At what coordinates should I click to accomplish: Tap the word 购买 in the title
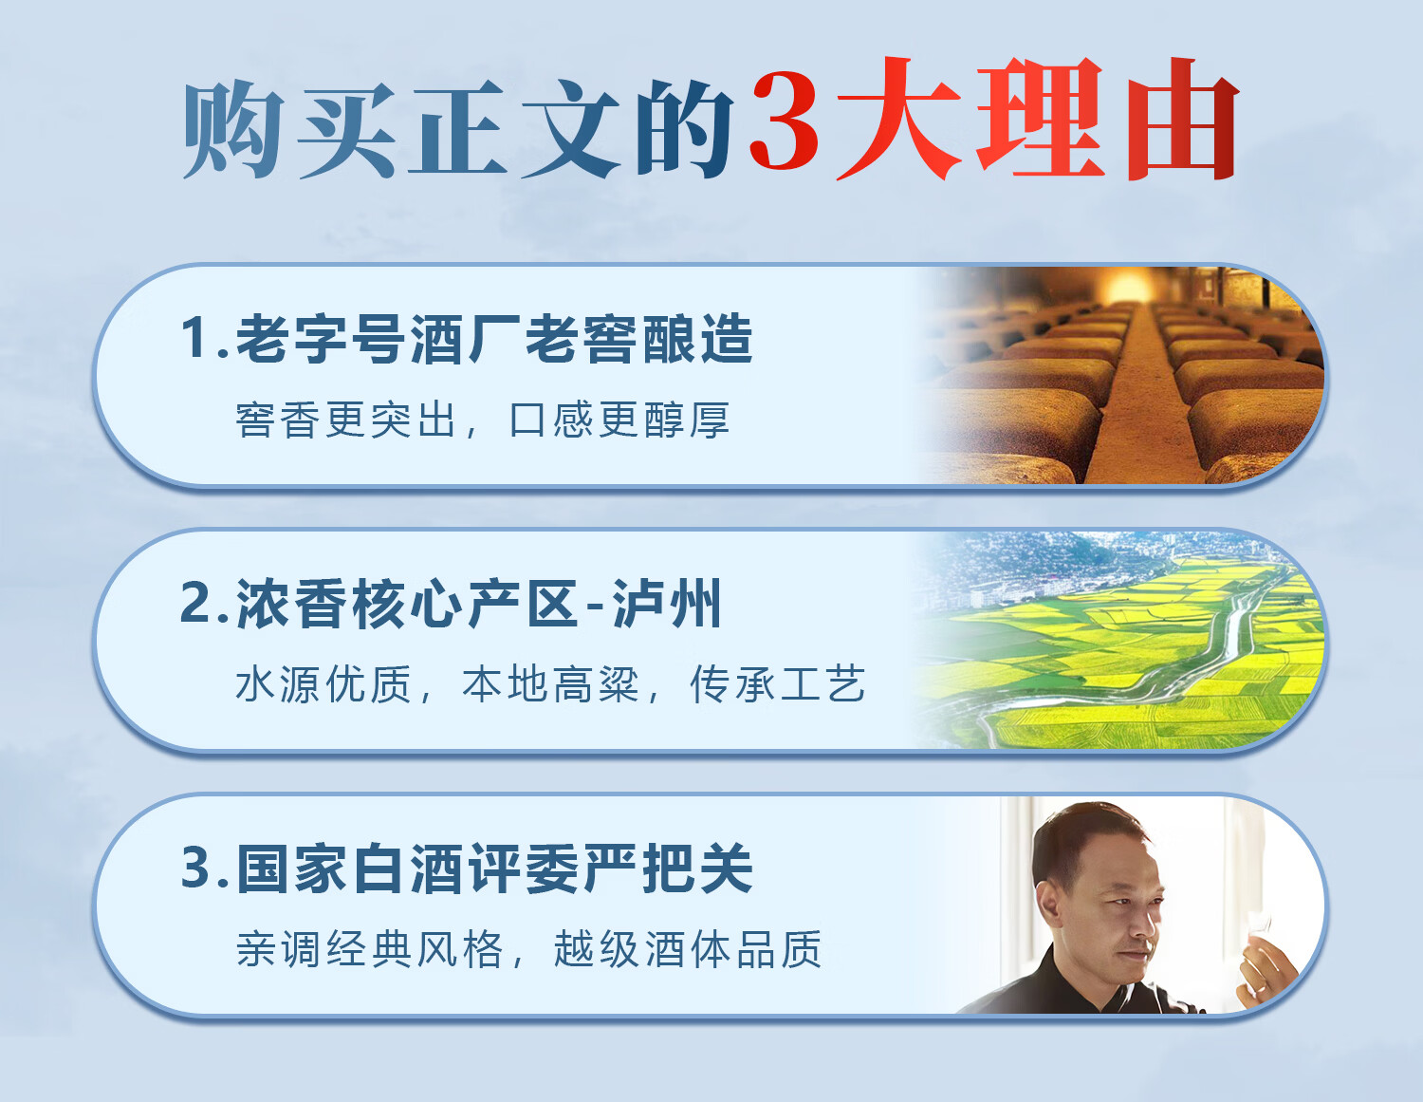tap(289, 129)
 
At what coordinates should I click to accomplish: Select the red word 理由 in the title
tap(1107, 119)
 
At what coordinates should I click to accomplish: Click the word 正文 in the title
tap(514, 129)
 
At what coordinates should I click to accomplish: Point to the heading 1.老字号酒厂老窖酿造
tap(467, 339)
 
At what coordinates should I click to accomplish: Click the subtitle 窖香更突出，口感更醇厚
tap(483, 420)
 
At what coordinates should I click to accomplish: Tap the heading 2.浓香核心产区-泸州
tap(451, 604)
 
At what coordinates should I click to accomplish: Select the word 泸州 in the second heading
tap(667, 604)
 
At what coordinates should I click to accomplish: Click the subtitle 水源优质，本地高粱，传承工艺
tap(551, 684)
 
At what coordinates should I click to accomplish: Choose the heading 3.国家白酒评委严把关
tap(467, 869)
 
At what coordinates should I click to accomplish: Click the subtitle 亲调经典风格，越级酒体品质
tap(528, 948)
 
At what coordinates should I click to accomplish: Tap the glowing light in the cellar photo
tap(1128, 287)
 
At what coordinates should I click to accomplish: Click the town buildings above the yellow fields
tap(1047, 571)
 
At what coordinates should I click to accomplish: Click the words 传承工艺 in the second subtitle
tap(778, 684)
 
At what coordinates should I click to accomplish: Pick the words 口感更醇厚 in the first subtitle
tap(619, 420)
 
